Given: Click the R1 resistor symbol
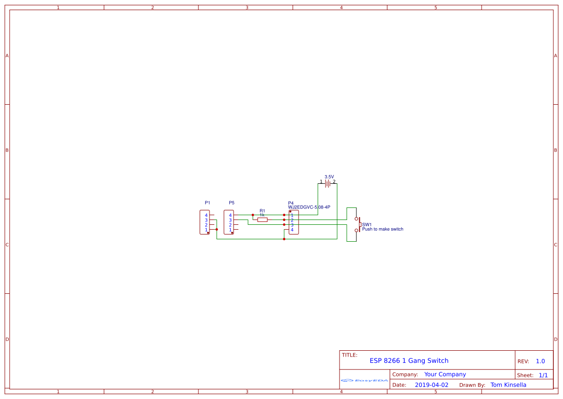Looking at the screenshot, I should (x=262, y=220).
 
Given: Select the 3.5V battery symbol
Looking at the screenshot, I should (x=327, y=183).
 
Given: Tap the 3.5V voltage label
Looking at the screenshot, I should (x=329, y=177).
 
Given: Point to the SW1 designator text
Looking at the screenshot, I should (x=367, y=224).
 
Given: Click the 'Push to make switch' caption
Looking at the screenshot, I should (x=383, y=229).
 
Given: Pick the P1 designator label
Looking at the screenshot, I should (x=208, y=203).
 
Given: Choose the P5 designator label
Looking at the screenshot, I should (x=232, y=203).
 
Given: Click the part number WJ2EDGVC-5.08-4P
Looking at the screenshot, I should (x=309, y=207).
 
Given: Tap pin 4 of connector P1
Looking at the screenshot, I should (x=206, y=215).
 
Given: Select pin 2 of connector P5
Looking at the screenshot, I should (x=230, y=225).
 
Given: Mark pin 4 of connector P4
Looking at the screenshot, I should (x=292, y=230).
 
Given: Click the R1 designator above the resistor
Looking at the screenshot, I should (x=262, y=211).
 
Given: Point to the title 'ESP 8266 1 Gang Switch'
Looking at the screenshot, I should (x=409, y=360).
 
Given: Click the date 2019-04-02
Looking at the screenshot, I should (x=432, y=385).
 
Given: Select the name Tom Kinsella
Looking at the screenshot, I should (x=508, y=385).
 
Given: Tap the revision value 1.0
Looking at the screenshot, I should (x=540, y=361).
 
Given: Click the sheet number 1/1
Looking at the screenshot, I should (x=543, y=375).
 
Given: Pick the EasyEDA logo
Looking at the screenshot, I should (x=365, y=380).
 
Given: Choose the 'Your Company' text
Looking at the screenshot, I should (x=445, y=374).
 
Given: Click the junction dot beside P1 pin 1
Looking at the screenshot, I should (x=217, y=229).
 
